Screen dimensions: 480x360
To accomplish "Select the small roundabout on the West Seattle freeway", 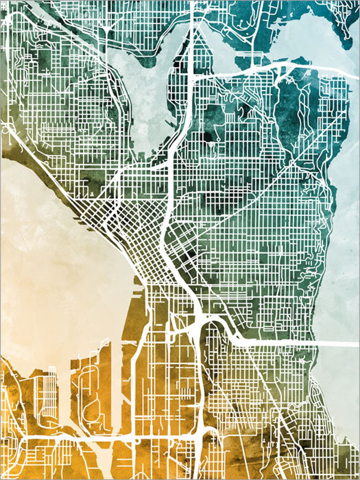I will [x=138, y=440].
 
